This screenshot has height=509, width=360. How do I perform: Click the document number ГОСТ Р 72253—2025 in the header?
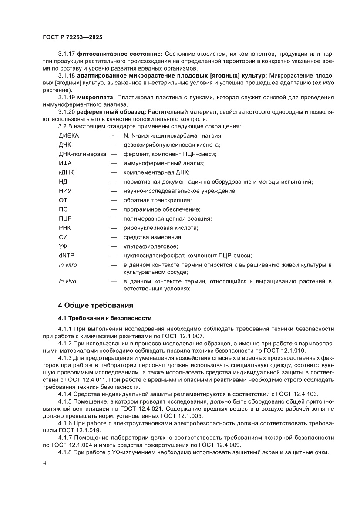pos(72,38)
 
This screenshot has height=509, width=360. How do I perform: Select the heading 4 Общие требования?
pos(95,304)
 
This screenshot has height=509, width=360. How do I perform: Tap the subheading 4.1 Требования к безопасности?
pos(104,318)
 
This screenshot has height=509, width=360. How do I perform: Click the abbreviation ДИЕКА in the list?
pos(69,135)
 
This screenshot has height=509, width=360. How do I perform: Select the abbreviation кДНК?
pos(66,172)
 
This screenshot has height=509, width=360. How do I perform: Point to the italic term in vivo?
pos(67,281)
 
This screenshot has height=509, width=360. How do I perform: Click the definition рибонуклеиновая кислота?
pos(161,228)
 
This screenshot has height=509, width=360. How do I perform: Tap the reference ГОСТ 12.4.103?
pos(296,394)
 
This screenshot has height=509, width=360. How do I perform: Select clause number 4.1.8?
pos(66,452)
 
